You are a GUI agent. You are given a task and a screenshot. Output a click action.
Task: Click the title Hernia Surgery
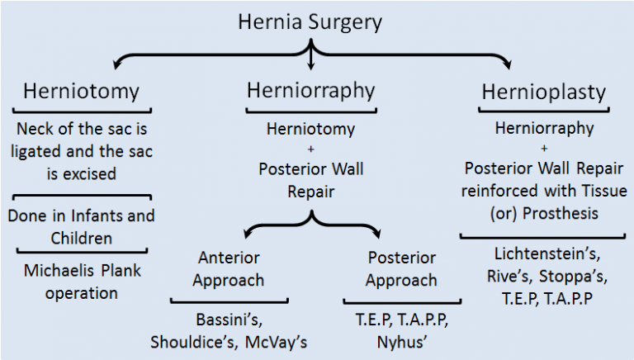point(310,21)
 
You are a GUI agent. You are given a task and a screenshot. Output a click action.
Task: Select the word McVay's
point(274,341)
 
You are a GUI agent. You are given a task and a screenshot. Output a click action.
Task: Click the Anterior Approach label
point(228,268)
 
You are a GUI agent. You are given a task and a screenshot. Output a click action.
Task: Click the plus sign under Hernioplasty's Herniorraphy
point(544,149)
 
